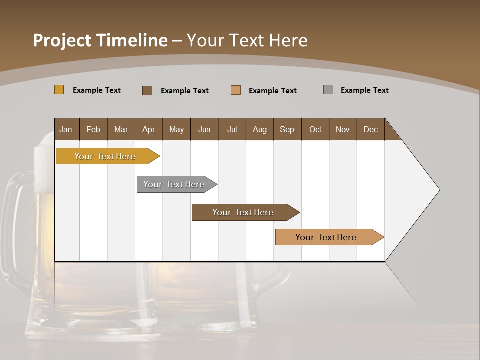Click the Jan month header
click(66, 129)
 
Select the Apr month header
click(148, 129)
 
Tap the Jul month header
click(232, 129)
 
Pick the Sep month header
click(287, 129)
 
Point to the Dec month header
click(370, 129)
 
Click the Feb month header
click(93, 129)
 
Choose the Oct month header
click(315, 129)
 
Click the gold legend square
click(59, 90)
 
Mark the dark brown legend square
click(147, 90)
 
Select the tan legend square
click(235, 90)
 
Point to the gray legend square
click(328, 90)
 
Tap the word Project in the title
click(61, 40)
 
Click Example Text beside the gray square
click(364, 90)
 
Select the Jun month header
click(204, 129)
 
